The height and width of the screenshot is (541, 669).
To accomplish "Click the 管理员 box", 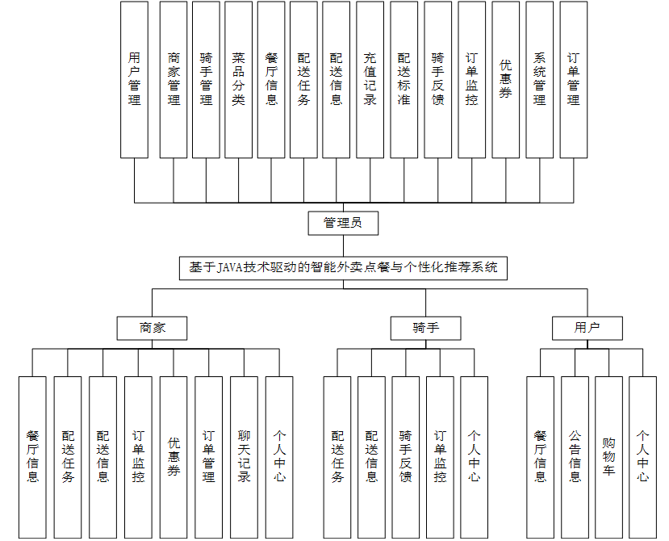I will pyautogui.click(x=343, y=223).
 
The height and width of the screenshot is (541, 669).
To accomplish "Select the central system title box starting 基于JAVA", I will pyautogui.click(x=343, y=268).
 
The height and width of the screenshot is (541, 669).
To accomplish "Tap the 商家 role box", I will pyautogui.click(x=152, y=328).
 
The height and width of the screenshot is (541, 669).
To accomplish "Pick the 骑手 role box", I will pyautogui.click(x=425, y=328).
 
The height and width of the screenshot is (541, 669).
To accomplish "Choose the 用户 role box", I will pyautogui.click(x=587, y=328).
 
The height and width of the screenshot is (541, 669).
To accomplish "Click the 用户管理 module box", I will pyautogui.click(x=134, y=79).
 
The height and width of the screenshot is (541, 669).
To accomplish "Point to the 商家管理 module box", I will pyautogui.click(x=174, y=79).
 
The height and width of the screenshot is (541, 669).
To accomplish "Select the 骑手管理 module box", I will pyautogui.click(x=206, y=79).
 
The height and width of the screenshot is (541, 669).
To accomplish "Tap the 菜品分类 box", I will pyautogui.click(x=238, y=79).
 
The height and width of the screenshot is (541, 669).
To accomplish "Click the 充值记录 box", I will pyautogui.click(x=370, y=79).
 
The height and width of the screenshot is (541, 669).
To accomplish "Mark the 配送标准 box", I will pyautogui.click(x=403, y=79).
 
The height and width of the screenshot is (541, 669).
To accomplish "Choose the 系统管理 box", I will pyautogui.click(x=539, y=79).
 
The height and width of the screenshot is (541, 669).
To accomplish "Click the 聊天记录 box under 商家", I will pyautogui.click(x=244, y=457).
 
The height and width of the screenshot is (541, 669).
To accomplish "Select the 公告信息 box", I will pyautogui.click(x=575, y=457).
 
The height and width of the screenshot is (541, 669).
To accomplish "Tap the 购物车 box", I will pyautogui.click(x=608, y=457).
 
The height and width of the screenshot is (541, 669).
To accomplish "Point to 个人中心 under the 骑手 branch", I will pyautogui.click(x=474, y=457).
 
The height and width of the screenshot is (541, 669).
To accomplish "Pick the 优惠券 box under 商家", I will pyautogui.click(x=174, y=457).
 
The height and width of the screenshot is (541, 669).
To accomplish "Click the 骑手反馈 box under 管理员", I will pyautogui.click(x=437, y=79).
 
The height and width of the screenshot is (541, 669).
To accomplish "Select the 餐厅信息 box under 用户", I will pyautogui.click(x=540, y=457).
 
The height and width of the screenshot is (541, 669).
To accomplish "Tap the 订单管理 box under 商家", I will pyautogui.click(x=208, y=457).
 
